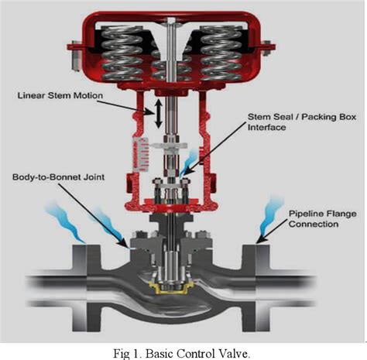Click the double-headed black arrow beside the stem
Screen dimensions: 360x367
(x=159, y=114)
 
